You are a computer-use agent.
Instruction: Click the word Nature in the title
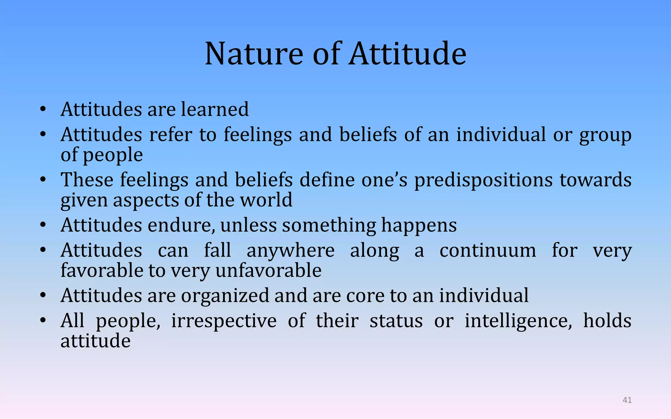tap(254, 54)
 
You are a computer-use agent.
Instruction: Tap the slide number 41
tap(627, 400)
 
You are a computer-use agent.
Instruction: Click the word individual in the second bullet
tap(501, 135)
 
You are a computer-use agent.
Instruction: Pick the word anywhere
tap(290, 251)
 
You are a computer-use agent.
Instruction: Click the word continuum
tap(488, 251)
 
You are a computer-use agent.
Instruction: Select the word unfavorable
tap(268, 271)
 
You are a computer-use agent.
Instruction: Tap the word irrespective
tap(223, 321)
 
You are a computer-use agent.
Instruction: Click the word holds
tap(607, 321)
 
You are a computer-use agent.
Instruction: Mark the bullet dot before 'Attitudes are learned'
tap(43, 110)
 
